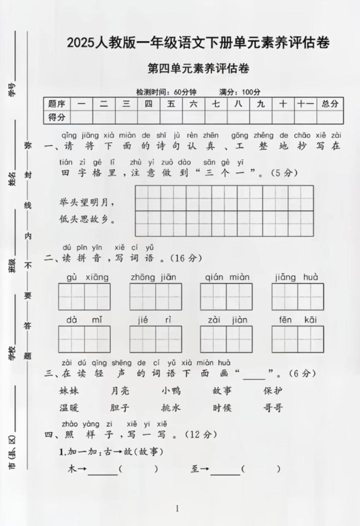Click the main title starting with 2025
coord(197,42)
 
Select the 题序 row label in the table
coord(57,104)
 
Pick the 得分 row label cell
coord(57,117)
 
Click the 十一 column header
coord(305,104)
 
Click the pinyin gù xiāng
coord(84,277)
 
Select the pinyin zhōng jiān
coord(155,277)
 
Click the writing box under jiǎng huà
coord(297,298)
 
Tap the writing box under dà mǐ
coord(84,339)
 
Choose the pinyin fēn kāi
coord(297,319)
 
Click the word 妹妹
coord(69,390)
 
